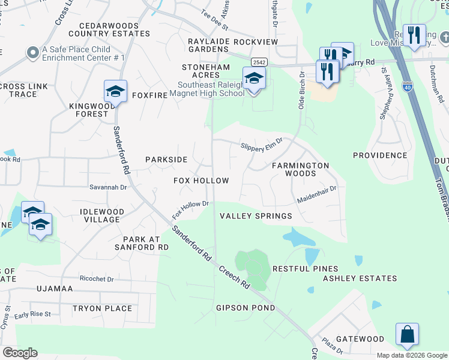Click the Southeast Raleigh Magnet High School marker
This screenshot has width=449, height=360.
[x=254, y=79]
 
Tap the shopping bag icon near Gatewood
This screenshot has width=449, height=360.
[x=407, y=335]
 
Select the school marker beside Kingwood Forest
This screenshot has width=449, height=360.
[x=115, y=92]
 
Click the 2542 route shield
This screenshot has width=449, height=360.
[x=259, y=62]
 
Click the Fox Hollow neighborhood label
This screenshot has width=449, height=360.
[x=201, y=181]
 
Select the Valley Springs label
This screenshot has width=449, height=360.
[x=256, y=216]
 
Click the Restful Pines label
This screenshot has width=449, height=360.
[x=306, y=269]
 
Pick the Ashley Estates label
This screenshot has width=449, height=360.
[x=360, y=278]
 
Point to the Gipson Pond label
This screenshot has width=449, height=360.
[x=246, y=308]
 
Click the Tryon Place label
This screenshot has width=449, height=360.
[x=102, y=308]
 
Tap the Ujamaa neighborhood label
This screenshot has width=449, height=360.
[x=55, y=289]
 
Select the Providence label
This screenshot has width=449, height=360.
[x=380, y=155]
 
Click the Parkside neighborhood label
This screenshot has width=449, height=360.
[x=166, y=160]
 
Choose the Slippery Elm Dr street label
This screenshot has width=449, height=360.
[x=261, y=145]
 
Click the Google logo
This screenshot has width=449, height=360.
[x=20, y=353]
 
